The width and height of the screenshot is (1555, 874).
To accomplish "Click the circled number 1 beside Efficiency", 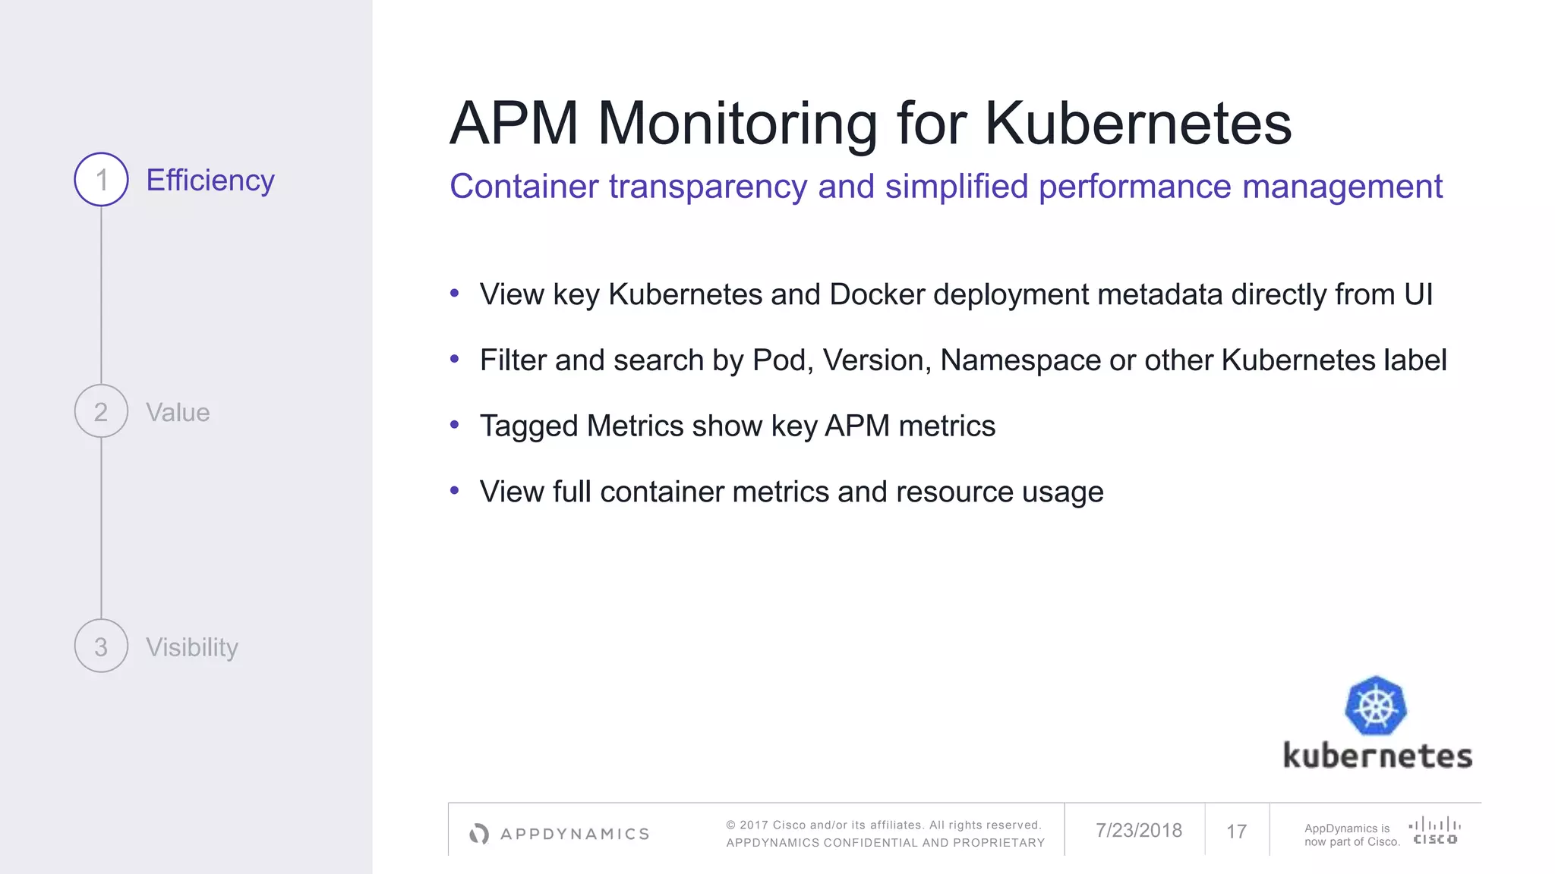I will (101, 180).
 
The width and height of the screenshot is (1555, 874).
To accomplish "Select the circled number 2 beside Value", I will (101, 411).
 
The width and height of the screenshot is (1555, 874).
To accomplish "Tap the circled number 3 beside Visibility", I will (101, 646).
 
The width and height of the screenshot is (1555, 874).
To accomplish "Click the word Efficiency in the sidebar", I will (210, 181).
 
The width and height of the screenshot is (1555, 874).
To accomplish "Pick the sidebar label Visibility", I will (192, 647).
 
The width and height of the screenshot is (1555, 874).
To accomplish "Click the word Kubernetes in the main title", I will (1137, 123).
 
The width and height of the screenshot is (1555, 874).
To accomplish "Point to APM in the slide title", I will (514, 123).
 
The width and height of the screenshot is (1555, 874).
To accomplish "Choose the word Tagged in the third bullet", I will (528, 426).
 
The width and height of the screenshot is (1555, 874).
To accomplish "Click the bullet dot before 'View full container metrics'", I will (455, 491).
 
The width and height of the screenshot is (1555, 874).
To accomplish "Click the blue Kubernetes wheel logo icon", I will (1376, 706).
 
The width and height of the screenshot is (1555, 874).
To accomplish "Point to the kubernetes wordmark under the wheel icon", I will (1377, 756).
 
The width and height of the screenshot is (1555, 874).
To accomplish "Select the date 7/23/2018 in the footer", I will (1138, 831).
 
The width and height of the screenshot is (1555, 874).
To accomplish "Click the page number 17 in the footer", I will (1236, 832).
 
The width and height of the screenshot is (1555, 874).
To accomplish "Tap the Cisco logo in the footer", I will (1434, 831).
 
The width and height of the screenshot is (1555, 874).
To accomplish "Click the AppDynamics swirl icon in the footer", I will (479, 834).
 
